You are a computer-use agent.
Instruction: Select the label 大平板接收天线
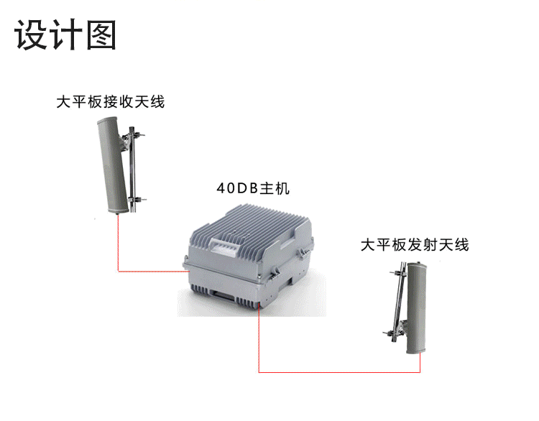coord(111,102)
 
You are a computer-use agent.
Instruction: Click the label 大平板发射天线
coord(414,245)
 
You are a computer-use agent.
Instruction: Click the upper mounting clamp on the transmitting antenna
coord(397,274)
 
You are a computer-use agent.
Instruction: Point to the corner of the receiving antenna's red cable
coord(118,272)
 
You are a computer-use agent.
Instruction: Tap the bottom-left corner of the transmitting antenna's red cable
coord(259,372)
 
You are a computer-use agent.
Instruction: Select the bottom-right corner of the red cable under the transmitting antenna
coord(420,372)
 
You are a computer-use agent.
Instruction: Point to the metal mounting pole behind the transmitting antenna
coord(400,302)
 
